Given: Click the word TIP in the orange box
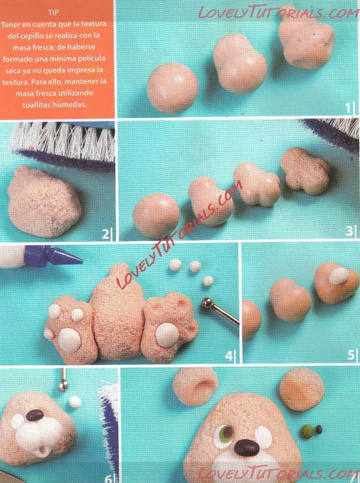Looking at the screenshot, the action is (53, 13).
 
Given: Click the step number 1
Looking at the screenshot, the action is (348, 108).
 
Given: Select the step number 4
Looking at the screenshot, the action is (229, 356).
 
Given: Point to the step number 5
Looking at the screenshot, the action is (351, 355).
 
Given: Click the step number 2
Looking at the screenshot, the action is (106, 234).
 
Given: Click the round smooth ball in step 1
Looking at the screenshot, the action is (172, 88).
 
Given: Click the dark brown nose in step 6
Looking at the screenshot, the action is (34, 415).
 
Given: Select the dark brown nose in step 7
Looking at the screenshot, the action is (246, 448).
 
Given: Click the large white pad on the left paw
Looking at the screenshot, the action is (69, 339).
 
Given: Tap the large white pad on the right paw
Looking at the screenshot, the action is (167, 335).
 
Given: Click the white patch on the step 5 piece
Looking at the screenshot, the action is (338, 276).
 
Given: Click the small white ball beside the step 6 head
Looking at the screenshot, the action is (74, 402).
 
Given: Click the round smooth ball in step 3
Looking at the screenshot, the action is (156, 215).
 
